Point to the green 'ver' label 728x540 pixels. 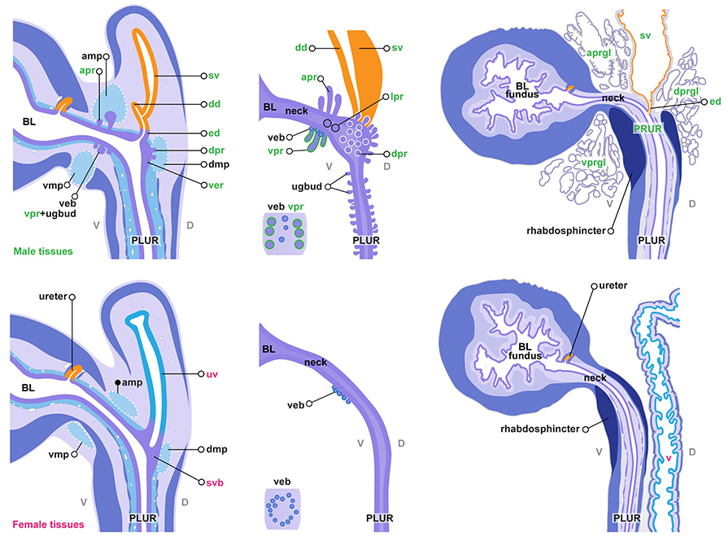click(x=215, y=185)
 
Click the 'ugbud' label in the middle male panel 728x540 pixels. click(x=294, y=187)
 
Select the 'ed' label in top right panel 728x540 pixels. click(x=716, y=102)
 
